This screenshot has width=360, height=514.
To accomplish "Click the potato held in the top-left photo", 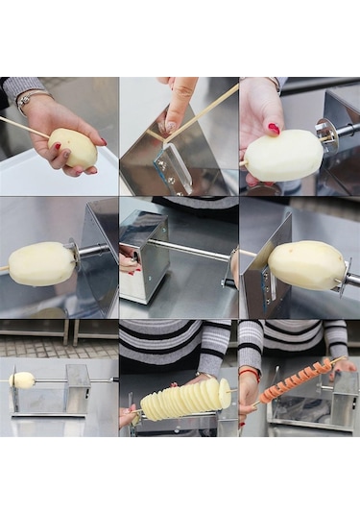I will (x=73, y=148).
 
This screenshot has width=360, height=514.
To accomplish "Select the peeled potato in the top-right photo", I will (x=283, y=155).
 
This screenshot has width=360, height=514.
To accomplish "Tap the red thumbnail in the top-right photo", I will (x=274, y=129).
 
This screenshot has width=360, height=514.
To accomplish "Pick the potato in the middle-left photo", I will (x=40, y=263).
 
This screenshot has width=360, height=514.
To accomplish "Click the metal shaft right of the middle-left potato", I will (x=94, y=251).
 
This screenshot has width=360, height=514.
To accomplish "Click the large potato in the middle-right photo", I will (x=306, y=265).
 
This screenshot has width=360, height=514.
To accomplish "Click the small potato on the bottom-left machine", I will (x=23, y=379).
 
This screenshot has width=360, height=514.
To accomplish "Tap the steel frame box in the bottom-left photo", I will (x=65, y=391).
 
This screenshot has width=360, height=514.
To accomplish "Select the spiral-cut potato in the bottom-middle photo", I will (x=185, y=399).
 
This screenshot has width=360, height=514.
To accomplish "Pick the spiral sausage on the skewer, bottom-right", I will (x=296, y=380).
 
